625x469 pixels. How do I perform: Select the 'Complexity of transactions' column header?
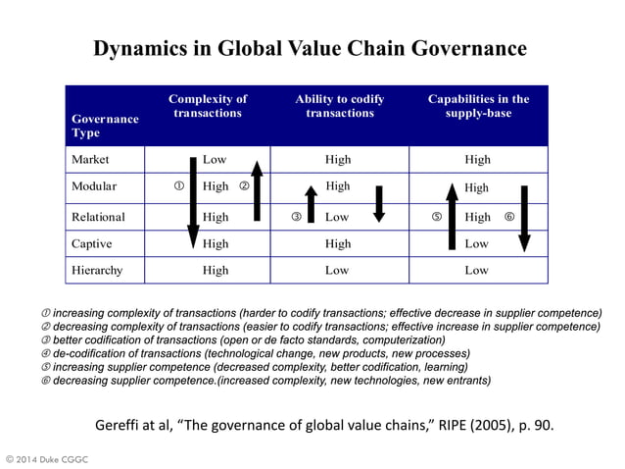click(x=207, y=106)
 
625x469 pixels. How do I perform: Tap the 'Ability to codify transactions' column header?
click(x=339, y=106)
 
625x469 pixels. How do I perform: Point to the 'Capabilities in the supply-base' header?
click(x=478, y=106)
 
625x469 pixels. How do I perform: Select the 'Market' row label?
click(x=91, y=159)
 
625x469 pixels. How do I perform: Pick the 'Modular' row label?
click(x=95, y=186)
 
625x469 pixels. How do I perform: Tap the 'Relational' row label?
click(x=99, y=216)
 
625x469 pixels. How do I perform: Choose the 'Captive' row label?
click(x=93, y=242)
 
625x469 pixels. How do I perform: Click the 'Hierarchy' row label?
click(x=98, y=269)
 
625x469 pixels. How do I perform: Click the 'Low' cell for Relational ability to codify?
click(x=337, y=216)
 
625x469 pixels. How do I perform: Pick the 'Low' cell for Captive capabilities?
click(x=477, y=242)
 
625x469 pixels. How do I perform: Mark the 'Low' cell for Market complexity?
click(x=215, y=159)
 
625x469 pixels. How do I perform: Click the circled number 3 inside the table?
click(x=296, y=216)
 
